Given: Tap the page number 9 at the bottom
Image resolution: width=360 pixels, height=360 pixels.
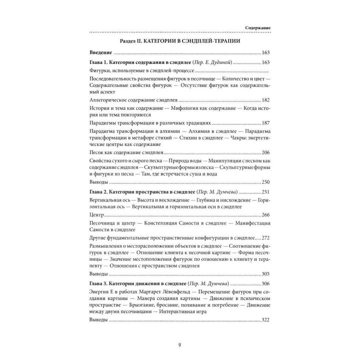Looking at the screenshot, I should point(180,344).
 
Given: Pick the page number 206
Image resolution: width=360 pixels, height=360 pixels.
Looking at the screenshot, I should point(266,151).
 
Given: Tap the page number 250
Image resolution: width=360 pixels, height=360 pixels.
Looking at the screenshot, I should point(266,181).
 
